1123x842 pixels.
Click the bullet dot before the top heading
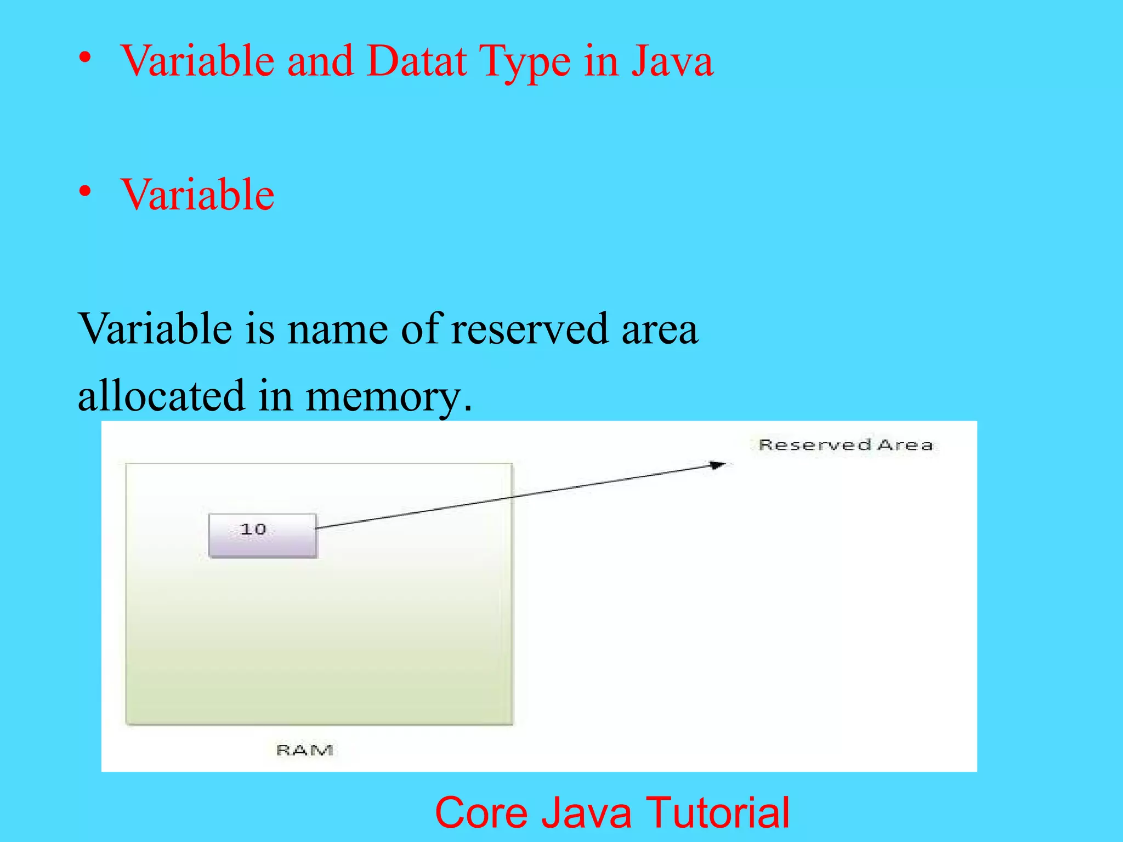[84, 58]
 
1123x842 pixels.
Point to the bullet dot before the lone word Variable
[84, 191]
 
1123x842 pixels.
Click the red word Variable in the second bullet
[197, 195]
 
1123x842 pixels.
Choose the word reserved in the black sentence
[529, 329]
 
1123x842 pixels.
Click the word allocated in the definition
[161, 396]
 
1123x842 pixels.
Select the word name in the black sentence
[337, 329]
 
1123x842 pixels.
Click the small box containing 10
[263, 536]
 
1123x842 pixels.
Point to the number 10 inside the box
[253, 530]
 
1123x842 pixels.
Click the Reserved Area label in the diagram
[845, 445]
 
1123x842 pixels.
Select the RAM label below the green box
[304, 750]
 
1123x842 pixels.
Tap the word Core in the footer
[482, 812]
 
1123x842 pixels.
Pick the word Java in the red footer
[587, 812]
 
